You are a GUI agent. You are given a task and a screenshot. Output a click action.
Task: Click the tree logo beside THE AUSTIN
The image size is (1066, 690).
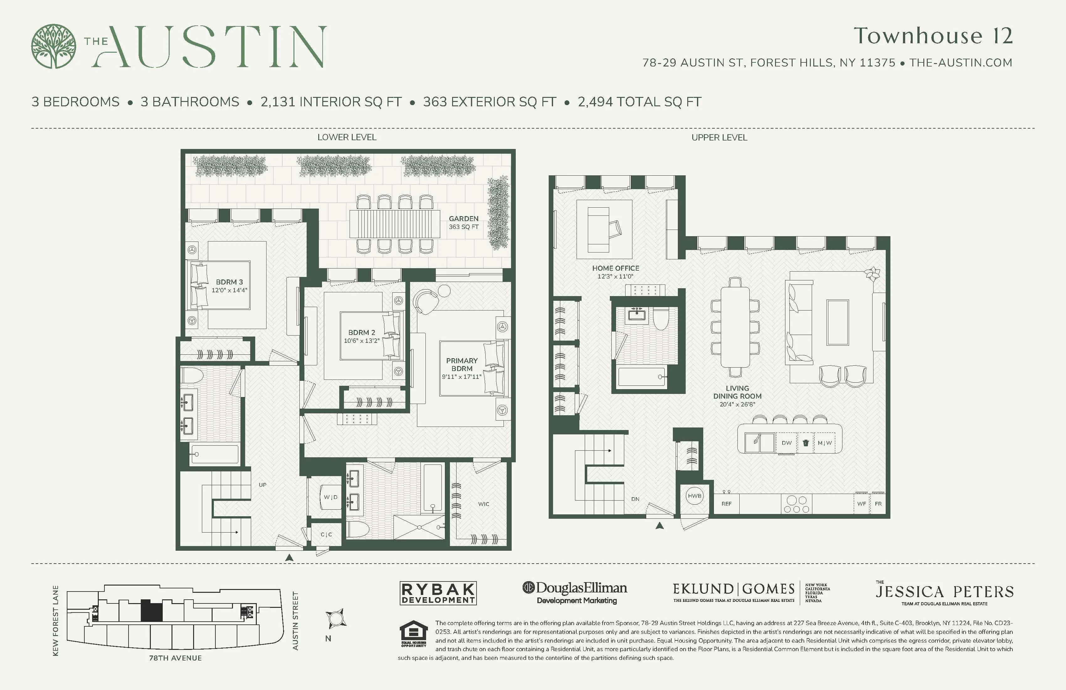[x=53, y=46]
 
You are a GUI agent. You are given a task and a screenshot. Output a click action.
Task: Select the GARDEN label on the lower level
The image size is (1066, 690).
[x=464, y=219]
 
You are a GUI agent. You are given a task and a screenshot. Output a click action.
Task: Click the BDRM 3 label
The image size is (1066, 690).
[x=229, y=282]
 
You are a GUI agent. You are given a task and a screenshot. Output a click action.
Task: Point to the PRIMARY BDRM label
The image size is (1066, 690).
[x=462, y=364]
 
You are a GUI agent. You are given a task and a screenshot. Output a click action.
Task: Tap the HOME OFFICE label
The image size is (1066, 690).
[x=615, y=268]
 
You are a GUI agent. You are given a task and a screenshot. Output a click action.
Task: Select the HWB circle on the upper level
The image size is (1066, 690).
[x=694, y=496]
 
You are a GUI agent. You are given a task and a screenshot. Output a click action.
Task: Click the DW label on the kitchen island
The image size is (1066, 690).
[x=787, y=443]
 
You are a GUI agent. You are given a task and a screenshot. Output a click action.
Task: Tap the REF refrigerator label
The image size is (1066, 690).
[x=726, y=504]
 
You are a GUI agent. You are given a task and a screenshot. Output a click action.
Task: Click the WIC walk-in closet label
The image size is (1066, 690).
[x=483, y=504]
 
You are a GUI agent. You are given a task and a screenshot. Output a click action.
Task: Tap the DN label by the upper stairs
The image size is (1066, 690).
[x=635, y=499]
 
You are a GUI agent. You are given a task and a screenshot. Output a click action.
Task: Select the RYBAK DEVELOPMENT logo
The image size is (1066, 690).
[x=438, y=593]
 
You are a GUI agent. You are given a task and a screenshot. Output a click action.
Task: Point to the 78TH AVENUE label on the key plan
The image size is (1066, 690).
[x=175, y=658]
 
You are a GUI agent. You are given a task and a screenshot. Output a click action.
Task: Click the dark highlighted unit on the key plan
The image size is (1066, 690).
[x=151, y=610]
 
